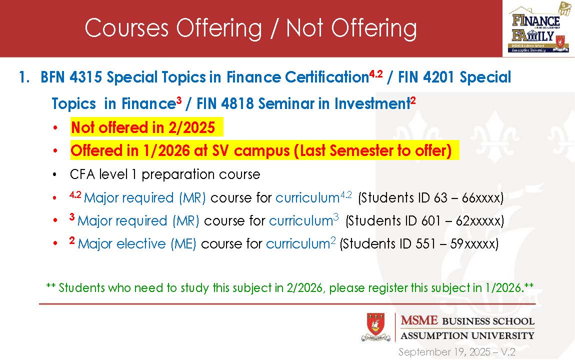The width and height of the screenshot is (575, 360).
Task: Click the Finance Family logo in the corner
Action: pos(539,28)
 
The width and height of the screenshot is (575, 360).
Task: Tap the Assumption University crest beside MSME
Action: pos(376,327)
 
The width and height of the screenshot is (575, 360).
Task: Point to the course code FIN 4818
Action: pos(225,103)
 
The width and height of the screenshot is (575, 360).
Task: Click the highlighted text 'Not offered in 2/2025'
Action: pos(142,127)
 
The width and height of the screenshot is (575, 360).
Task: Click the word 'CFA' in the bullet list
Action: pos(82,174)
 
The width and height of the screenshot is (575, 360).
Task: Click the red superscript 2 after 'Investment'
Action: pos(413,100)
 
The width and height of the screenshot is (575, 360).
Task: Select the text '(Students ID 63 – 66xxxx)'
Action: pos(430,198)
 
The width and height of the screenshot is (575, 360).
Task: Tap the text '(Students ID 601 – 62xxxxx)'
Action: pos(424,220)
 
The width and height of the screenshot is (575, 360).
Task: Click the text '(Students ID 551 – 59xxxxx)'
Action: pos(419,244)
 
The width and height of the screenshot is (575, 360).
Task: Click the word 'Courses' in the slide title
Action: pos(126,28)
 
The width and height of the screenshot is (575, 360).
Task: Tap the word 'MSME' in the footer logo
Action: pos(419,320)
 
